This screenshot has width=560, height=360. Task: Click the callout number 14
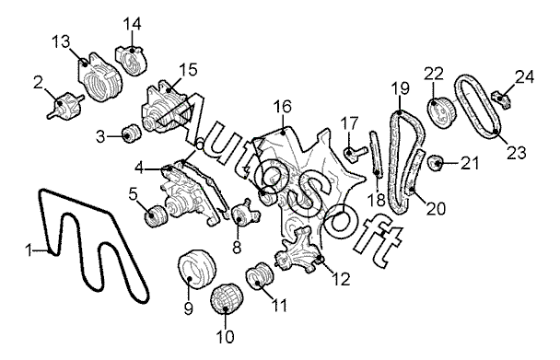132,24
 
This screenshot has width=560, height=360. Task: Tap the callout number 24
524,77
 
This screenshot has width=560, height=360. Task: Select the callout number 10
225,336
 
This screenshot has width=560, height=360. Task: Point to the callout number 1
29,250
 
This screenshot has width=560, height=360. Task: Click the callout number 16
283,107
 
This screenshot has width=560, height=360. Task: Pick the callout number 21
470,163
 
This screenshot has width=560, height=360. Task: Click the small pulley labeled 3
132,134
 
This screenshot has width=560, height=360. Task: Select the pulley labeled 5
156,216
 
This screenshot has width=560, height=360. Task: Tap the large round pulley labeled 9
197,271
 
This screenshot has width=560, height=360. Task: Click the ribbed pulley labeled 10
226,299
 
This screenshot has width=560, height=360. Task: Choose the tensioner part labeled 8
245,214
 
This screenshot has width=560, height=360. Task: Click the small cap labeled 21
436,163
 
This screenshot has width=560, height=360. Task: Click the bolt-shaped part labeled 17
355,154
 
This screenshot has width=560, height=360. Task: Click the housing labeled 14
131,60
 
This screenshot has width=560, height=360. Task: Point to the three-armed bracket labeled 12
298,251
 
